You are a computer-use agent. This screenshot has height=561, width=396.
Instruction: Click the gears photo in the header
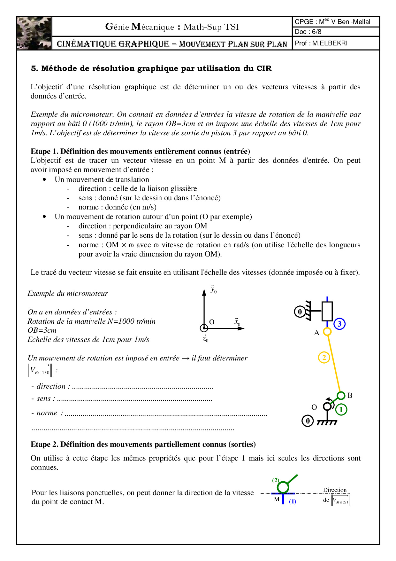(x=34, y=33)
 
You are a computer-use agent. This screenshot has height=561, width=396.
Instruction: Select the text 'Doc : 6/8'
(x=308, y=32)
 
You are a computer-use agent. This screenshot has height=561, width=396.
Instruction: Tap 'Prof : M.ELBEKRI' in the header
(x=321, y=43)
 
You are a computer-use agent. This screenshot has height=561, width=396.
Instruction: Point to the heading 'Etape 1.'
(x=45, y=151)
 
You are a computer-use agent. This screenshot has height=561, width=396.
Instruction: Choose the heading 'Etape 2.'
(x=45, y=444)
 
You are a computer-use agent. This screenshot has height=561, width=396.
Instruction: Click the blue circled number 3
(x=339, y=324)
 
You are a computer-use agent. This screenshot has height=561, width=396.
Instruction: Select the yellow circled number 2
(x=324, y=357)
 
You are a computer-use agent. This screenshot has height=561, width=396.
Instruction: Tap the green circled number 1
(x=341, y=409)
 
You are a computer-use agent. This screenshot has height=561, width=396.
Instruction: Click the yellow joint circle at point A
(x=327, y=332)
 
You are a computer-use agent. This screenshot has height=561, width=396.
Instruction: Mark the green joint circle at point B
(x=341, y=396)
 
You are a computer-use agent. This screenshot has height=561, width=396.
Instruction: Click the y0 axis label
(x=213, y=289)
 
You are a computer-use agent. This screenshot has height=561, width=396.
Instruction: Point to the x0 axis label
(x=237, y=321)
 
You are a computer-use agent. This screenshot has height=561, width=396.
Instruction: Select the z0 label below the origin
(x=205, y=338)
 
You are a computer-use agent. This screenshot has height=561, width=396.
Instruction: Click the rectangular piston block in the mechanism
(x=327, y=311)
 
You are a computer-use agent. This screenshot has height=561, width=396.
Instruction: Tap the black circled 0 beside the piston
(x=300, y=312)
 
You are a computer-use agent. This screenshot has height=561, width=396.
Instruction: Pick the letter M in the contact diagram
(x=277, y=499)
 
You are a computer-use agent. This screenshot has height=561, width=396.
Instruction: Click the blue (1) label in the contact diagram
(x=293, y=502)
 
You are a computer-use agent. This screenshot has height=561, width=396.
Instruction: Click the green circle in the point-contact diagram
(x=283, y=487)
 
